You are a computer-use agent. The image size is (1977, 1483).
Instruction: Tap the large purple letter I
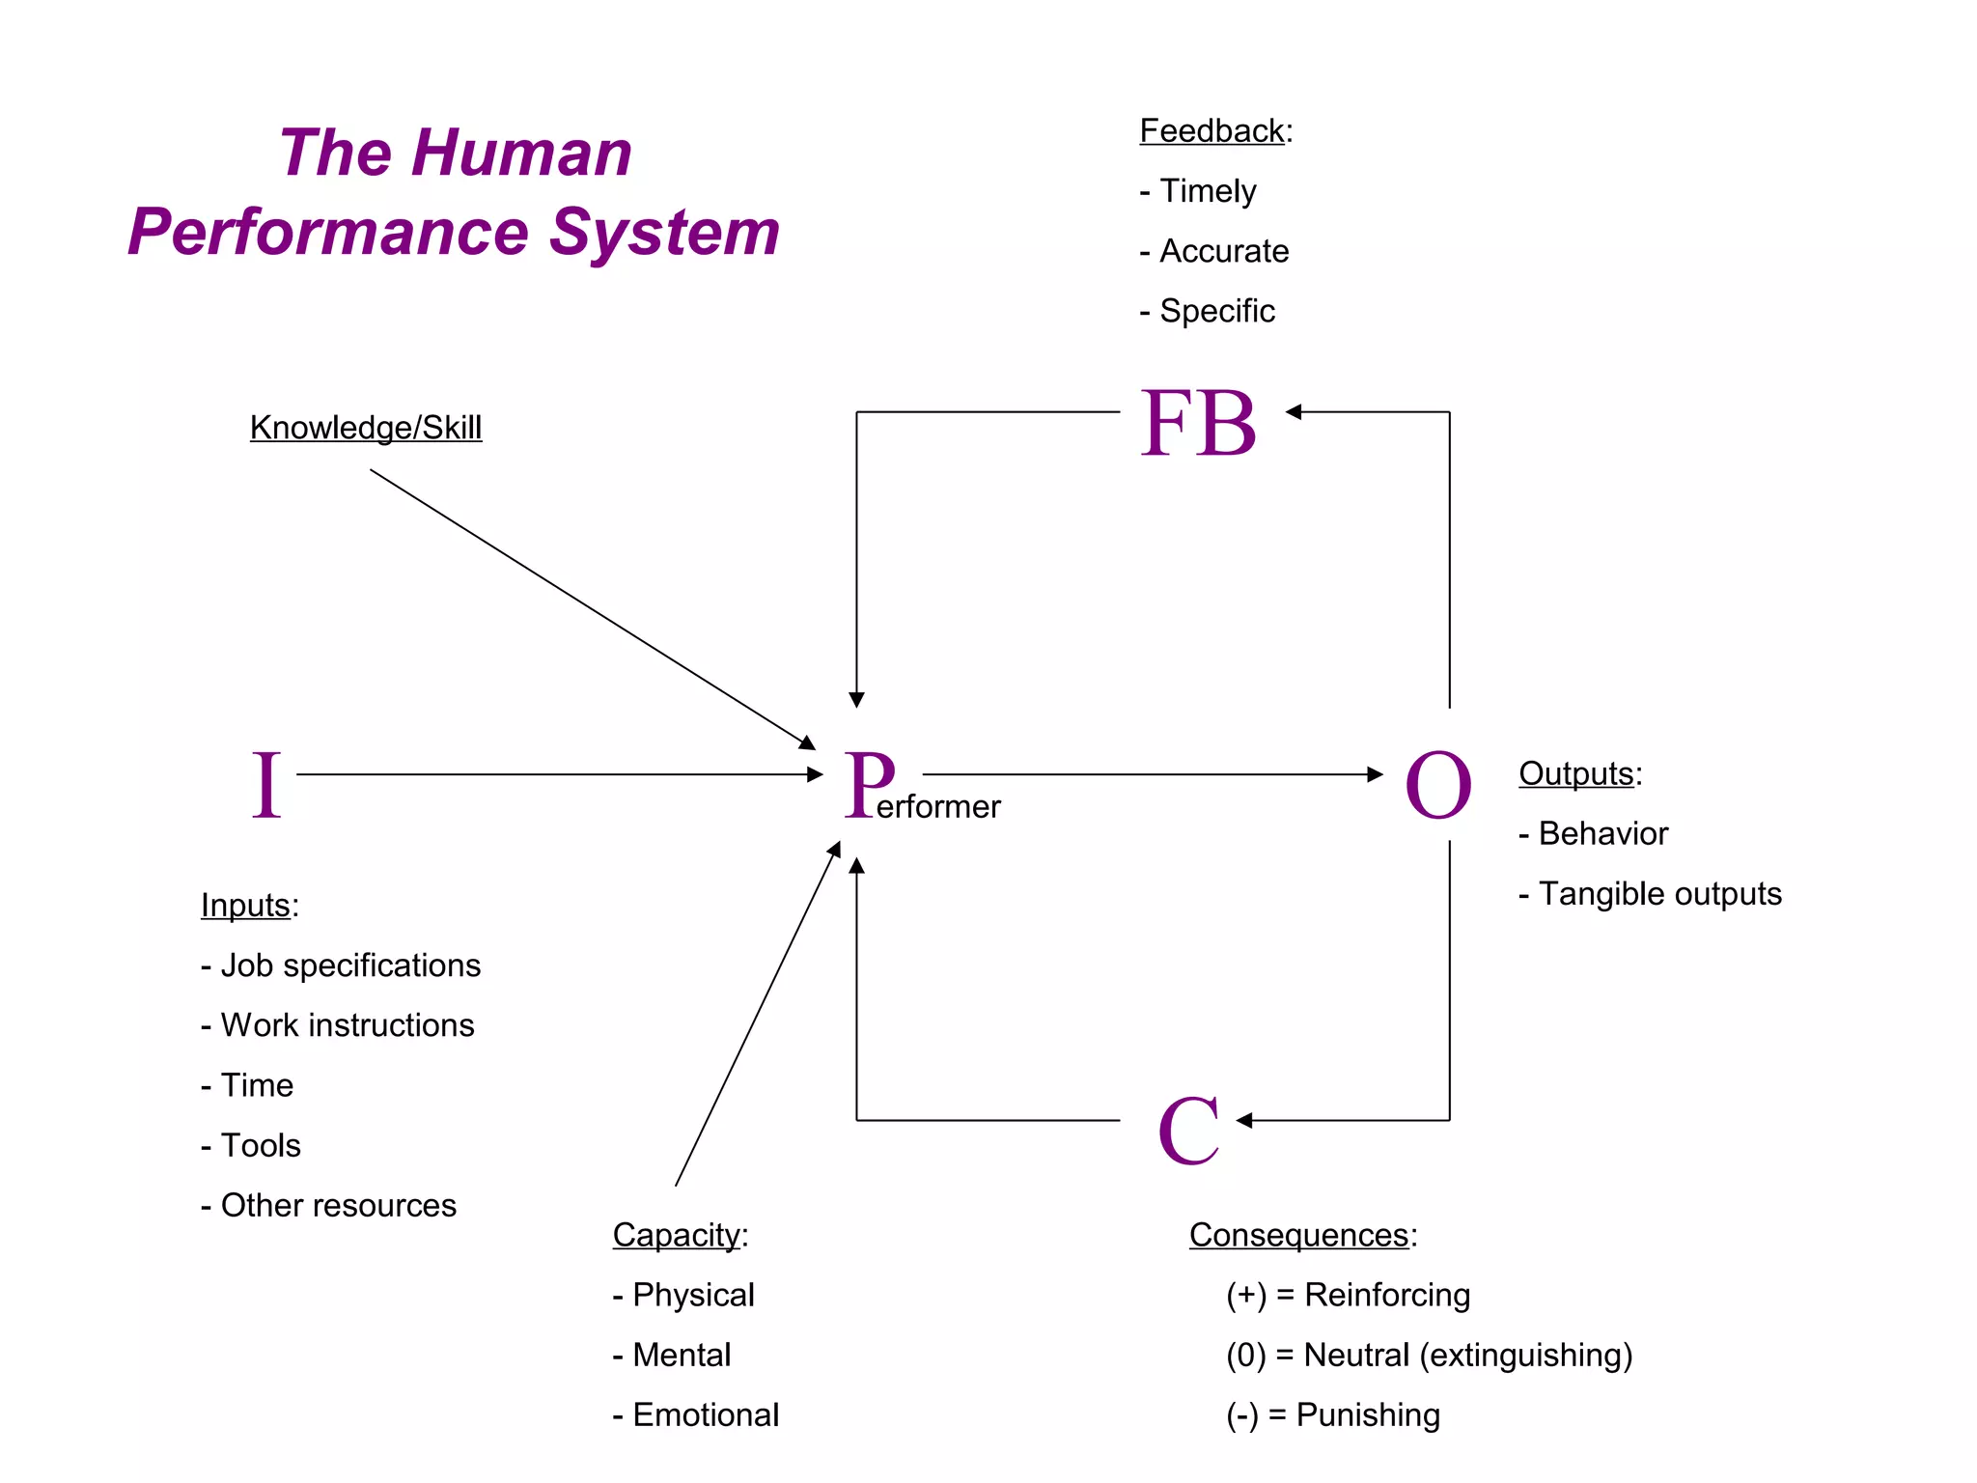[x=266, y=785]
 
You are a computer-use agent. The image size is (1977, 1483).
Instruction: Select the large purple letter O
[x=1437, y=785]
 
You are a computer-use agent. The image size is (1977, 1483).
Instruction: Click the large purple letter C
[x=1188, y=1131]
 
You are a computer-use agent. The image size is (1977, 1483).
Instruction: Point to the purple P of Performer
[x=870, y=783]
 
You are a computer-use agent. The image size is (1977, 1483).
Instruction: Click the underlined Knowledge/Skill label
[x=366, y=427]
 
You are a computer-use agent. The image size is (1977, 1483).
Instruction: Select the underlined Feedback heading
[x=1211, y=130]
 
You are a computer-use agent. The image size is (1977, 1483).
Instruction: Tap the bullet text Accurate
[x=1223, y=251]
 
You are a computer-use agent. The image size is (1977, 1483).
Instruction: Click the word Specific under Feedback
[x=1216, y=311]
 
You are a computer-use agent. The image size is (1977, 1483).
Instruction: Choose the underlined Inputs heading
[x=245, y=905]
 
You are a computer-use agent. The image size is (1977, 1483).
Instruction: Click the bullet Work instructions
[x=348, y=1025]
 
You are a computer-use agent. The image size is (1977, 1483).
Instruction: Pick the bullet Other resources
[x=338, y=1205]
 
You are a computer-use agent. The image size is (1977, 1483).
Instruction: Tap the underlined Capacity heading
[x=676, y=1235]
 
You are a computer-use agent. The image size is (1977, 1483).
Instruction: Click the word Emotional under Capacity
[x=706, y=1414]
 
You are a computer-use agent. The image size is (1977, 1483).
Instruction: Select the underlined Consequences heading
[x=1298, y=1235]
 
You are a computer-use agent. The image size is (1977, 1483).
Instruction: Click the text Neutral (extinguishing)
[x=1467, y=1355]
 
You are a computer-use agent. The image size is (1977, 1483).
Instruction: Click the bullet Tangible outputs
[x=1659, y=893]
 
